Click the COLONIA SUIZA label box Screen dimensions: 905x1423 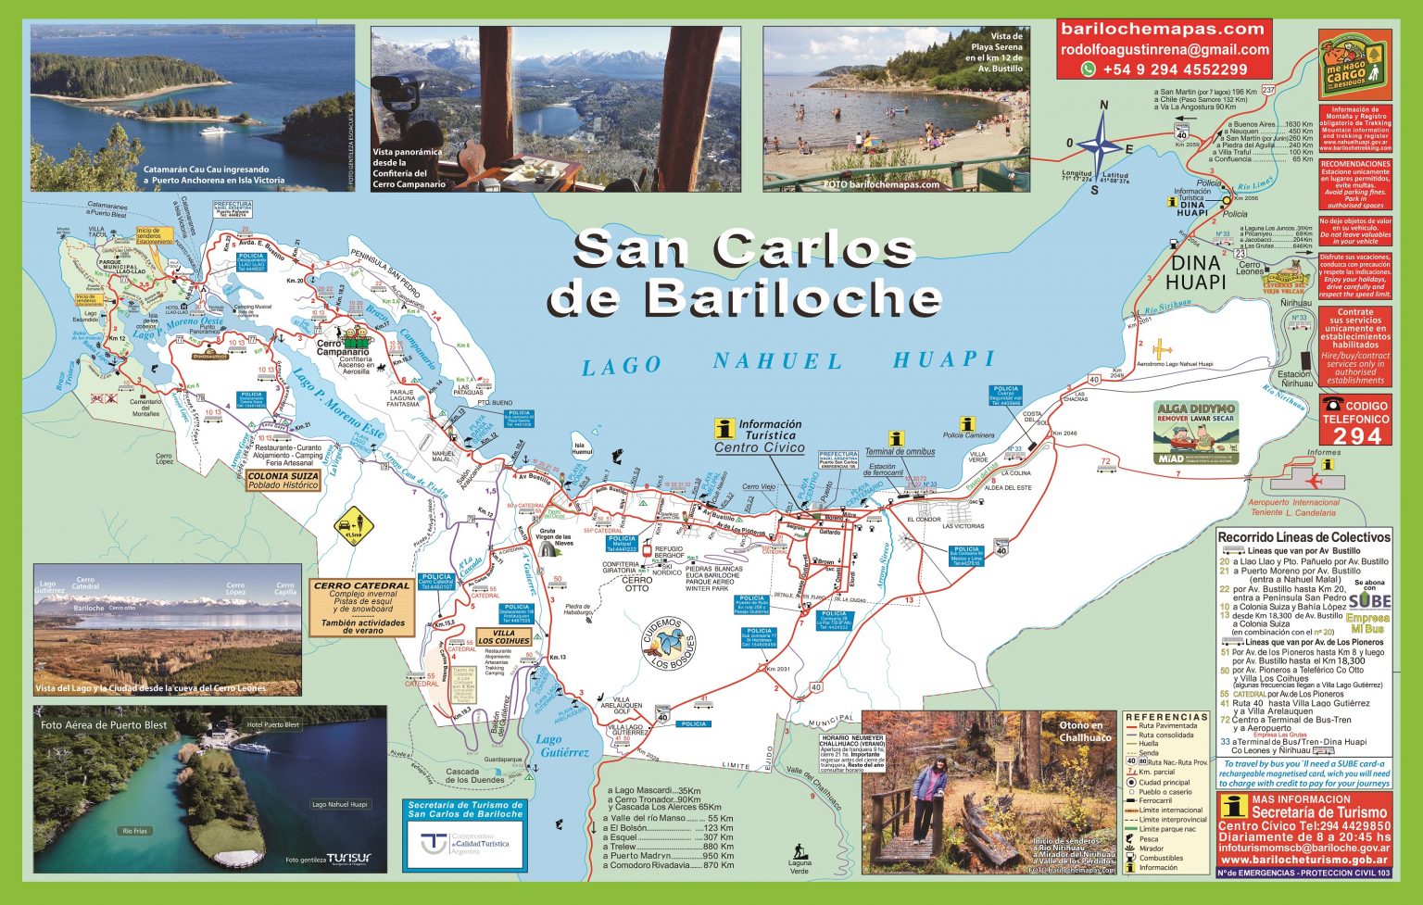coord(283,480)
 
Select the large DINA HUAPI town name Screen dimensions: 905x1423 coord(1195,271)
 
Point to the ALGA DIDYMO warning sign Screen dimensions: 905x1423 coord(1196,433)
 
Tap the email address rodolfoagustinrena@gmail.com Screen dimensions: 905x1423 coord(1164,50)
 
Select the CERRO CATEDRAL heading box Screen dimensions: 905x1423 coord(361,585)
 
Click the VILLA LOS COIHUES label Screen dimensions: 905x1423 coord(504,637)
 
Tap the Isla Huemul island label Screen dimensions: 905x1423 coord(582,448)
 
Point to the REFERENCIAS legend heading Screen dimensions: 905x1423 coord(1166,717)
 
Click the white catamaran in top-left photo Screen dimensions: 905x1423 coord(216,131)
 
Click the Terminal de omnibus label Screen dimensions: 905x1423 coord(899,452)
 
